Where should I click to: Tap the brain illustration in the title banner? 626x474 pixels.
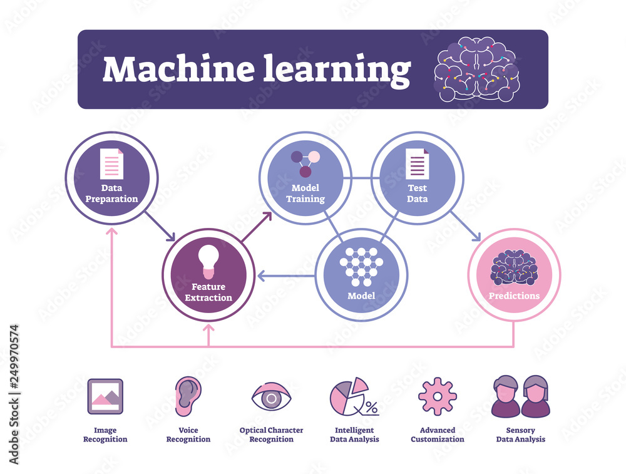click(476, 69)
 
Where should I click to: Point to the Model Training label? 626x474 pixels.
click(305, 193)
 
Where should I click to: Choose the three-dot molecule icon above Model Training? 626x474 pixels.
click(305, 163)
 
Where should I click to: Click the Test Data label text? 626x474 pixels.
click(418, 193)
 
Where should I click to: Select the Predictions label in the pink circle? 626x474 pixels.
click(514, 296)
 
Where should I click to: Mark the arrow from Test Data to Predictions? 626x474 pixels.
click(466, 227)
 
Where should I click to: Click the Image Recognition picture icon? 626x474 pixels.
click(105, 396)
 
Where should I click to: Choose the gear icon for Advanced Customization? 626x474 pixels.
click(438, 396)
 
